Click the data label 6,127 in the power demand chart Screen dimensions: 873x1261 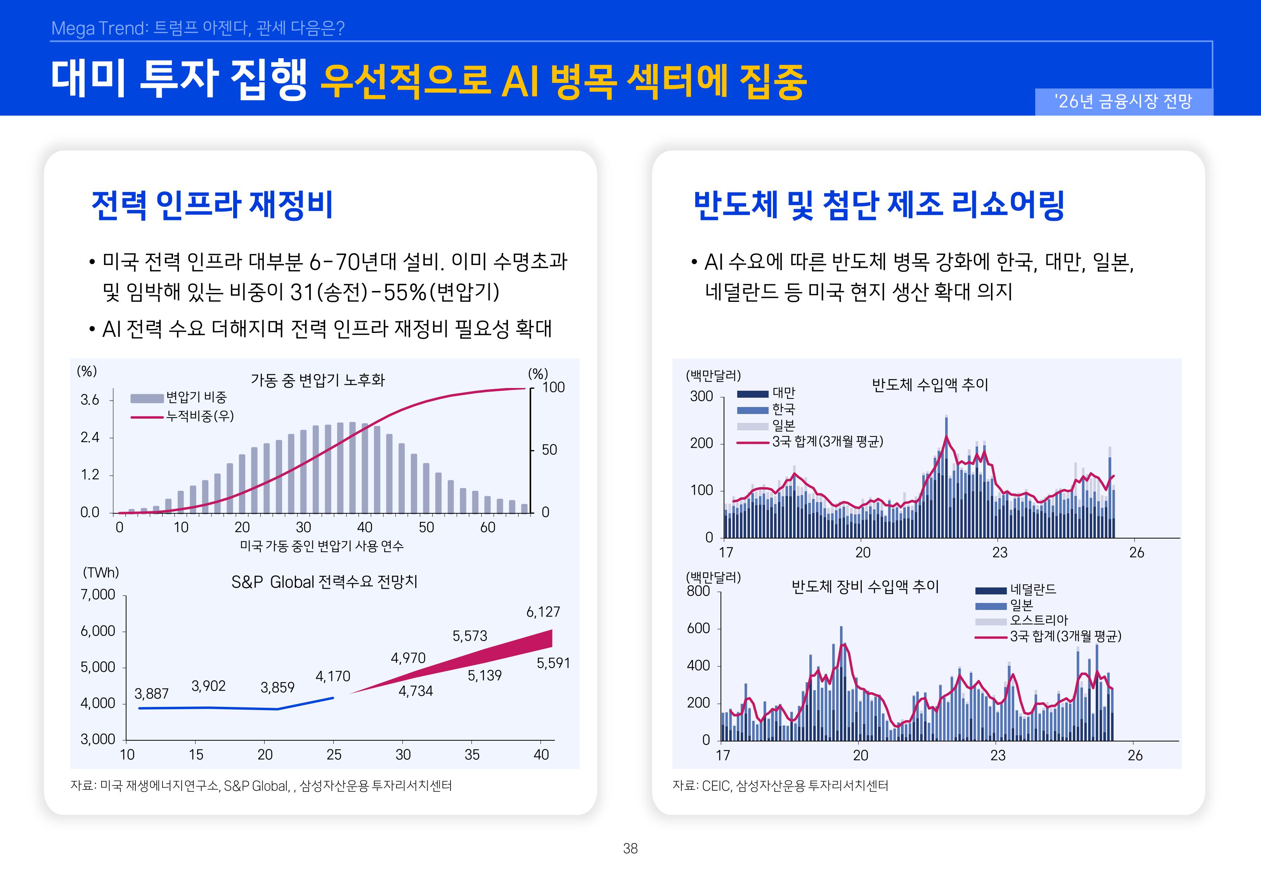point(543,611)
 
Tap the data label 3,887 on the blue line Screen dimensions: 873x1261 point(151,694)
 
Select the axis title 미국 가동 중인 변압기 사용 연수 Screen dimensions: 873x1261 point(322,546)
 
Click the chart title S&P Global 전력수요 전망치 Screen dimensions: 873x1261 point(324,582)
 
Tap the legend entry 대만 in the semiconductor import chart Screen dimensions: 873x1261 point(783,393)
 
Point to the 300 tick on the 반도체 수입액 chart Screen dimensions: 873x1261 point(701,396)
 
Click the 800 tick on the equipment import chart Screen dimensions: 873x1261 point(698,591)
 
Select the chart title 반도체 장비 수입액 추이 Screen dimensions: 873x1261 point(865,587)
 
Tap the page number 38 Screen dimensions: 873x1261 point(630,849)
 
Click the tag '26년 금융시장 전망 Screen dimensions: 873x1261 point(1123,101)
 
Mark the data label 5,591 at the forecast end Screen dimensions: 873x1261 point(553,663)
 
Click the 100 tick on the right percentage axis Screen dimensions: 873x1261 point(553,387)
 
